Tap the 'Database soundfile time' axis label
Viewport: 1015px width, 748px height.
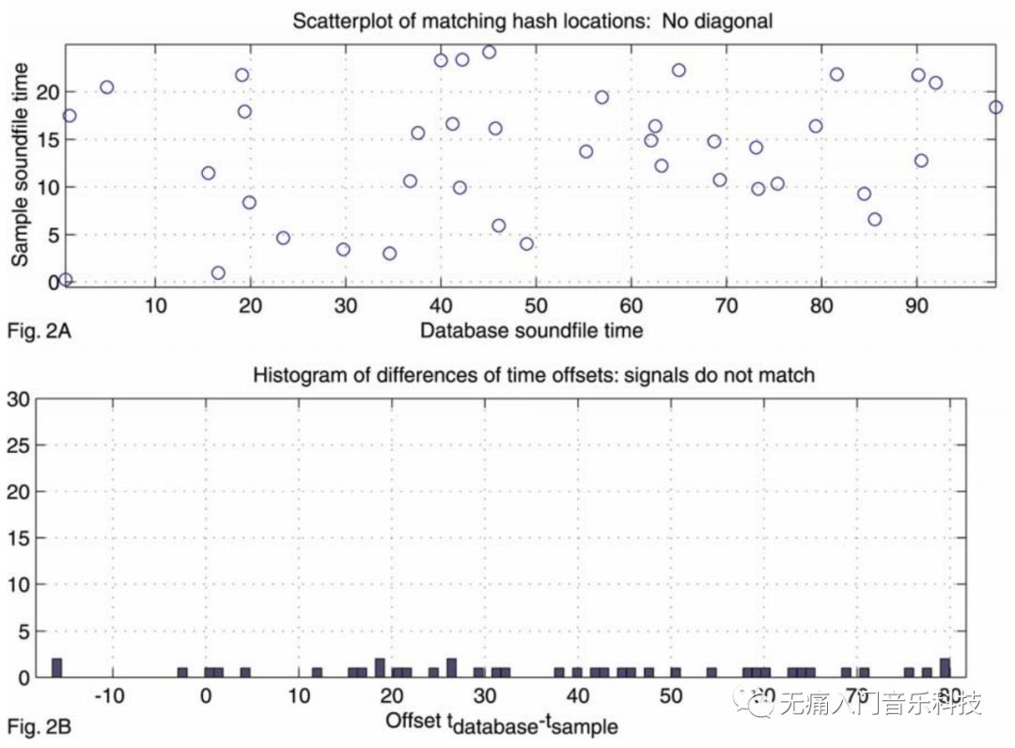(x=531, y=330)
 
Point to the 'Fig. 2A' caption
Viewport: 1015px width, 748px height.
(x=34, y=330)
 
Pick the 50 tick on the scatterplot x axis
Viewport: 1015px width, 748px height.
(x=535, y=306)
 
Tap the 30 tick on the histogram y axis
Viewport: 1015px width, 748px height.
(x=18, y=398)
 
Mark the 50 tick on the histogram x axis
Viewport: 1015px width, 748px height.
(x=669, y=697)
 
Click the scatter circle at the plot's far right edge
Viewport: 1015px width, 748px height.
(x=995, y=107)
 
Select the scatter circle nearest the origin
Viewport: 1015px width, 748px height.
(x=65, y=279)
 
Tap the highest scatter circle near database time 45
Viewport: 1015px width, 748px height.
(x=489, y=52)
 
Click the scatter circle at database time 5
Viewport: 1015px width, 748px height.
(x=106, y=87)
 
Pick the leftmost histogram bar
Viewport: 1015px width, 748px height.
(x=56, y=667)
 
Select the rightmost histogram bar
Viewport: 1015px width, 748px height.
(x=945, y=667)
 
